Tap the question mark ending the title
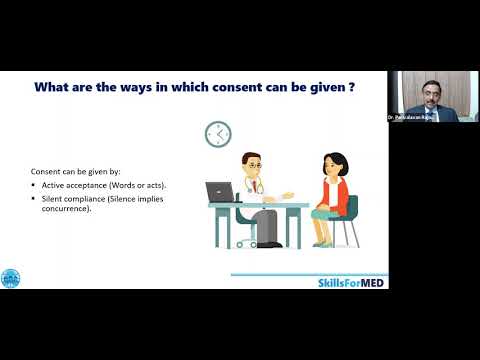(x=354, y=87)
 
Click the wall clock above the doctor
(x=216, y=133)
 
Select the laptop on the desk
(x=219, y=191)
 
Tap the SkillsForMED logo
(x=351, y=283)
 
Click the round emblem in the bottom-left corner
(x=12, y=279)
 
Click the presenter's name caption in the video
(x=412, y=118)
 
